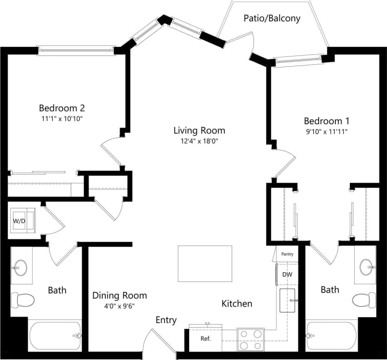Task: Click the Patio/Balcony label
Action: (272, 19)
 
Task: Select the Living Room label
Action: (200, 130)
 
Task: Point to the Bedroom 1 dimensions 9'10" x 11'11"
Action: (326, 131)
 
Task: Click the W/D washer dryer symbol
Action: (24, 220)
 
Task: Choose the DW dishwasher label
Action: (287, 275)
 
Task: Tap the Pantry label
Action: (287, 254)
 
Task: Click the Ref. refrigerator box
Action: (205, 338)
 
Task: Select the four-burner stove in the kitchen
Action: (250, 339)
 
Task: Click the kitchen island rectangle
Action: (205, 264)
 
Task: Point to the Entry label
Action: (166, 320)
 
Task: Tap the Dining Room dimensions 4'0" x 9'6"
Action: (119, 306)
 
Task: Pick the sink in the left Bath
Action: (20, 267)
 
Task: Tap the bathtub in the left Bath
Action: (55, 336)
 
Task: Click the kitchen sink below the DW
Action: (289, 299)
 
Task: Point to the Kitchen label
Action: (237, 303)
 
